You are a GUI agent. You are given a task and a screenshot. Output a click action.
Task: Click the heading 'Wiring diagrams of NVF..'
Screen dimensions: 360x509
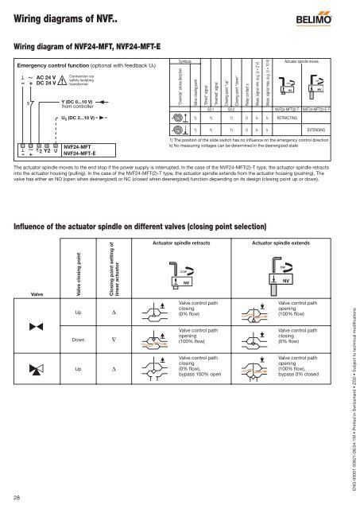[64, 14]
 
